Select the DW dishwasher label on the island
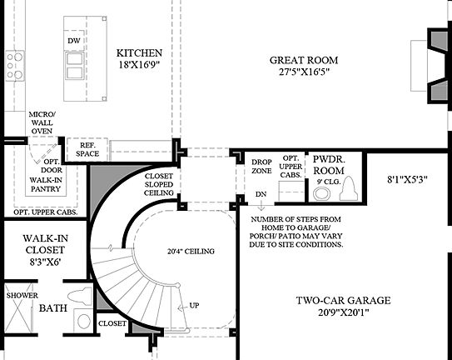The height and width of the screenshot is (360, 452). coord(74,40)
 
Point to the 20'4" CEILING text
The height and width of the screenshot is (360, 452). coord(191,251)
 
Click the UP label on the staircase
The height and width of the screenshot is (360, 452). coord(194,305)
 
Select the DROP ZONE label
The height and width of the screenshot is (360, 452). coord(262,166)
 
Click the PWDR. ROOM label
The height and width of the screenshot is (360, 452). coord(329,162)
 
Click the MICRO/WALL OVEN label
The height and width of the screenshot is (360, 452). coord(41,122)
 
